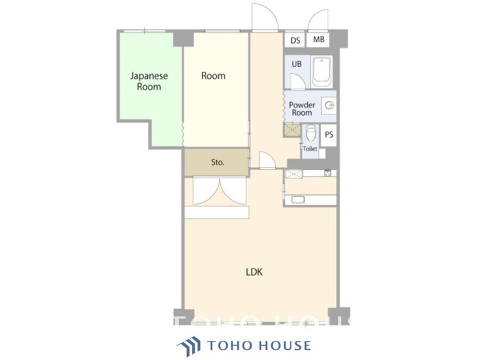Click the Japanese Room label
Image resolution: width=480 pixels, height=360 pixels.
click(148, 81)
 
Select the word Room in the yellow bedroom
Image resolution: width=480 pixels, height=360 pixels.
click(213, 75)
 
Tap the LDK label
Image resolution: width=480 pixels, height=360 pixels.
click(255, 271)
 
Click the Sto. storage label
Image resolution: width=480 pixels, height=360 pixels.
click(217, 162)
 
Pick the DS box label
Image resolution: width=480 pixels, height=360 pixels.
click(295, 40)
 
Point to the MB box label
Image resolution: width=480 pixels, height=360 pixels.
click(319, 40)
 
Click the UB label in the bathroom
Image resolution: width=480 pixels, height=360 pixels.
click(297, 64)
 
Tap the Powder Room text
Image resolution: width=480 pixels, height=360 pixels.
click(301, 109)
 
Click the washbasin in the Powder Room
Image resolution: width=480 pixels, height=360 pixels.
click(330, 106)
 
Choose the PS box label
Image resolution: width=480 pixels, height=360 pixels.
click(329, 135)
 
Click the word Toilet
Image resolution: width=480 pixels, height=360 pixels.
click(310, 148)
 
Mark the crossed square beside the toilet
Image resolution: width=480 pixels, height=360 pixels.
click(292, 130)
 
